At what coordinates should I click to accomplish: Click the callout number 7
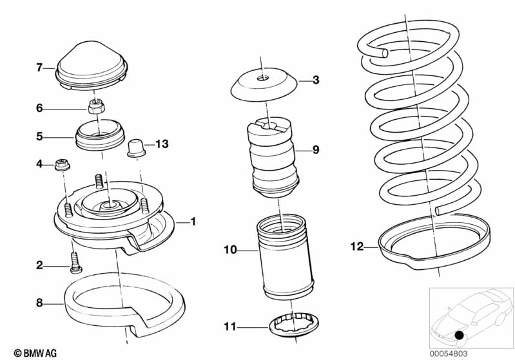tap(39, 66)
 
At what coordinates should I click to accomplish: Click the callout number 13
tap(161, 144)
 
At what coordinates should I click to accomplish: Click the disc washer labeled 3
tap(264, 84)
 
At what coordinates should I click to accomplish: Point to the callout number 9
tap(316, 150)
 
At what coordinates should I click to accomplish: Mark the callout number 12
tap(356, 245)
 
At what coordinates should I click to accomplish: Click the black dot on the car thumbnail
tap(458, 336)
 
